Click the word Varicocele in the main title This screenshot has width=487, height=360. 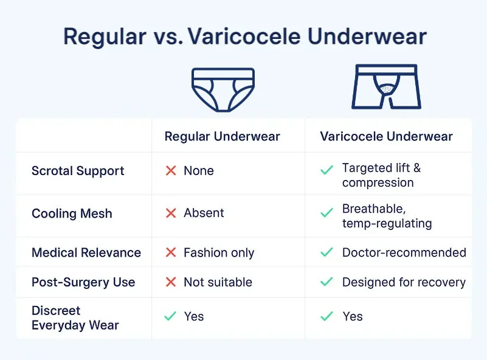[x=244, y=36]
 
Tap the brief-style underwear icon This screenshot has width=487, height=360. [x=224, y=89]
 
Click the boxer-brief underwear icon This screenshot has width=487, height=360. [x=386, y=87]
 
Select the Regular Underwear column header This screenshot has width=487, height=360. [x=222, y=136]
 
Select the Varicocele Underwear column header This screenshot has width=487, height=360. [x=386, y=136]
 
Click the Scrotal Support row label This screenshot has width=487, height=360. [x=78, y=171]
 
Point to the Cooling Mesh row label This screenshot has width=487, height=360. [x=72, y=213]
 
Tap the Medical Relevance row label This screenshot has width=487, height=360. [x=86, y=252]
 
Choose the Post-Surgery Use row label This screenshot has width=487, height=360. [x=83, y=283]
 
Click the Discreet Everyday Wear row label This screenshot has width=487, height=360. [x=75, y=318]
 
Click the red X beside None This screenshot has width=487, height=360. [x=171, y=171]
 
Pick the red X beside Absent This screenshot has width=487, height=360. [x=171, y=213]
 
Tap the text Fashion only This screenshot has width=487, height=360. [x=219, y=252]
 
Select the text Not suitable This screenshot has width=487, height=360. [x=218, y=283]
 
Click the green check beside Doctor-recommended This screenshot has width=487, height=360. [x=326, y=252]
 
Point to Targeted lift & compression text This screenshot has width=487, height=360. [x=382, y=175]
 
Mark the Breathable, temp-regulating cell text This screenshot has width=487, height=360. [x=387, y=216]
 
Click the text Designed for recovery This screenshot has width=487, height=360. [x=404, y=283]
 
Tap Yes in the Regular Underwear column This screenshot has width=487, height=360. [x=194, y=317]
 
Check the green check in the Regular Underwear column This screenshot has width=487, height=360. [x=171, y=317]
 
